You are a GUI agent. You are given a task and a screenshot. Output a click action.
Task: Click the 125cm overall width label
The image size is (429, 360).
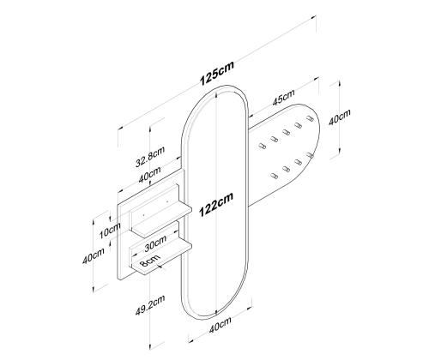(217, 73)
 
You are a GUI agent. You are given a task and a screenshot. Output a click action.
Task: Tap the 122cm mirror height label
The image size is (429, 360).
(216, 204)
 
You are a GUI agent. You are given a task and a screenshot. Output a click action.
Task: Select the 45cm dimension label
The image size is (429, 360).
(283, 98)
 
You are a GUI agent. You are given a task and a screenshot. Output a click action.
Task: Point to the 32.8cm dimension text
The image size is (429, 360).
(150, 157)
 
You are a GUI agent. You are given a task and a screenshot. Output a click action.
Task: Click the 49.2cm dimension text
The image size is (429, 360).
(150, 305)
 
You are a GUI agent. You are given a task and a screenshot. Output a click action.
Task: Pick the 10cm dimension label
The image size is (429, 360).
(110, 231)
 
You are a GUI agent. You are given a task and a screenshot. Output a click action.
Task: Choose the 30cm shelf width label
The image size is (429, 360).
(155, 243)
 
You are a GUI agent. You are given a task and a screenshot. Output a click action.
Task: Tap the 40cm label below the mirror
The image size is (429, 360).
(220, 325)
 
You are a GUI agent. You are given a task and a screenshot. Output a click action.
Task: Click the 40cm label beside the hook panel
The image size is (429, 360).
(339, 117)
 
